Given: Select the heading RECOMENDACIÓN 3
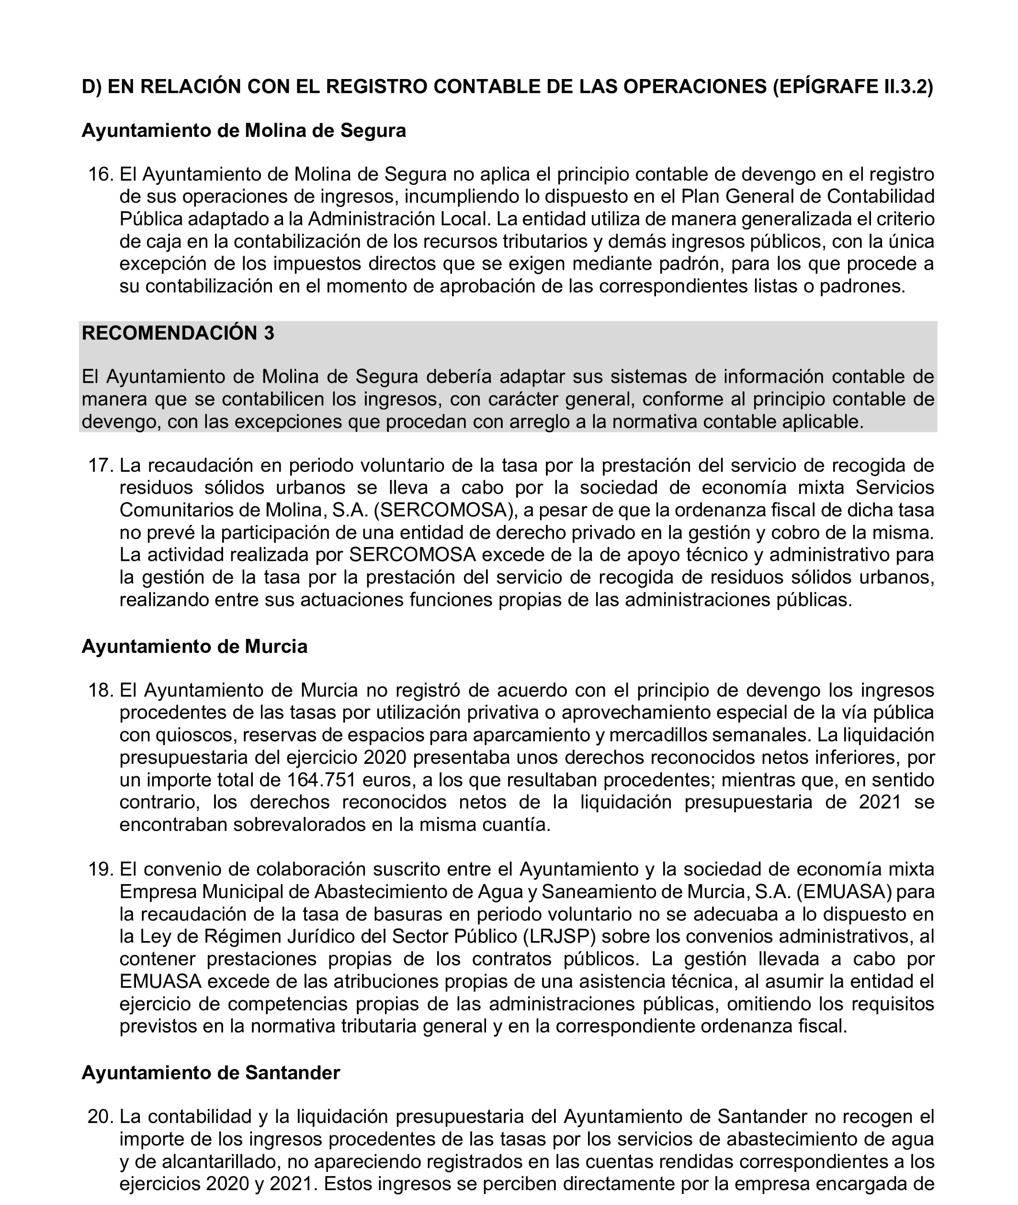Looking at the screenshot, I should tap(178, 333).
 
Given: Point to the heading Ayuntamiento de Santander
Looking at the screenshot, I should tap(211, 1072).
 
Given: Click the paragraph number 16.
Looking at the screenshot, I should tap(100, 174).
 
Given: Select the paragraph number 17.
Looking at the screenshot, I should tap(100, 465).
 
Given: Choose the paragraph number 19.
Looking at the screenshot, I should tap(100, 869).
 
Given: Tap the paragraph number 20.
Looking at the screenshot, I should tap(100, 1117).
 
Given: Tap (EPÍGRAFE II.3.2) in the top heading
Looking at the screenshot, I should tap(852, 87).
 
